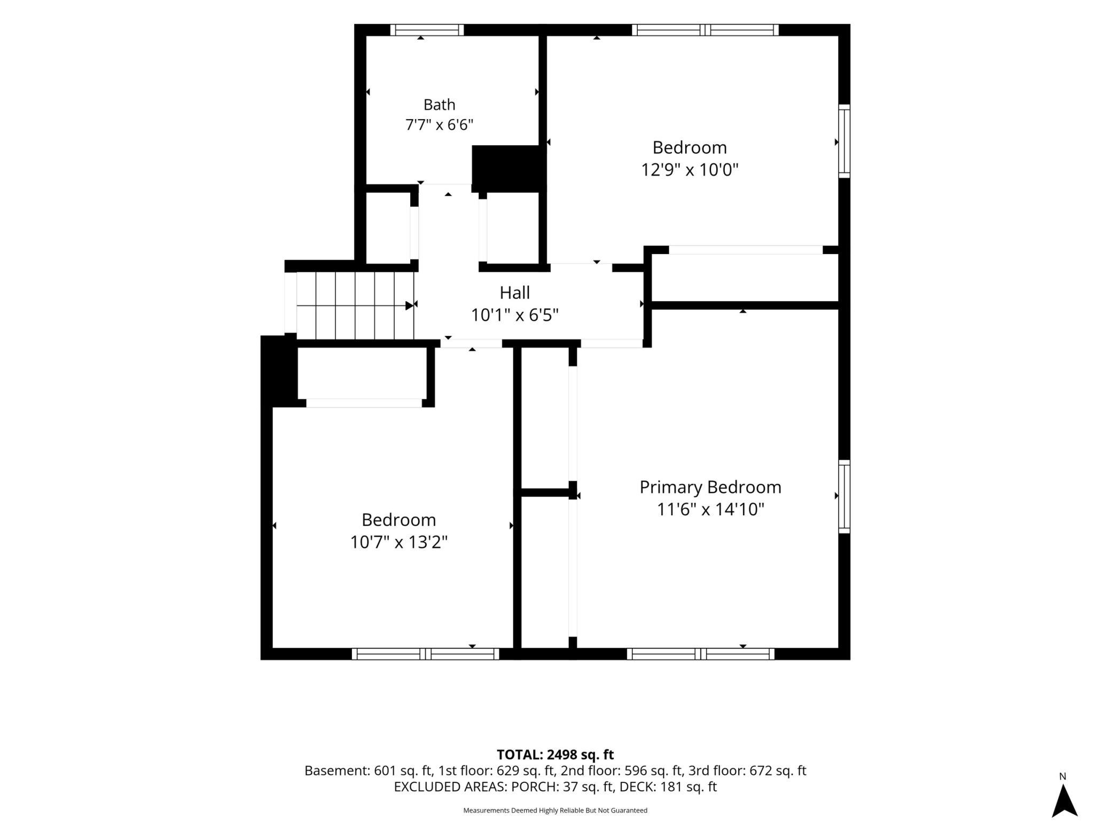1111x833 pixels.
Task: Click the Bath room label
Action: pyautogui.click(x=439, y=105)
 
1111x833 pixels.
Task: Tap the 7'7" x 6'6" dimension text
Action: pyautogui.click(x=439, y=125)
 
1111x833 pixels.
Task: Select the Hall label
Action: pyautogui.click(x=514, y=293)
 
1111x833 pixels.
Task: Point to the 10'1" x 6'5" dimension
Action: pyautogui.click(x=514, y=315)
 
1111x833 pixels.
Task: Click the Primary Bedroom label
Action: pyautogui.click(x=710, y=487)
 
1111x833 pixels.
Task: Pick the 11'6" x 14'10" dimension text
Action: pyautogui.click(x=710, y=509)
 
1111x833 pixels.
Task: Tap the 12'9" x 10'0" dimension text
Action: pyautogui.click(x=690, y=170)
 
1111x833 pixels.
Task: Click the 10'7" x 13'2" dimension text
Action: pyautogui.click(x=398, y=543)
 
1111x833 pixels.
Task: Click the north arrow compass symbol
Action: pyautogui.click(x=1065, y=799)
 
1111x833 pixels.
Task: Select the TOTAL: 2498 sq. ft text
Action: pyautogui.click(x=555, y=755)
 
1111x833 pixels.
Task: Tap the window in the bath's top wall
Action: pyautogui.click(x=427, y=30)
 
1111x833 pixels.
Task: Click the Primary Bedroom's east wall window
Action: pyautogui.click(x=844, y=497)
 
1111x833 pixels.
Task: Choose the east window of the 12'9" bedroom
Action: pyautogui.click(x=844, y=141)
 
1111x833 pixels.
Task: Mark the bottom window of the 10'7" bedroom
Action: pyautogui.click(x=425, y=654)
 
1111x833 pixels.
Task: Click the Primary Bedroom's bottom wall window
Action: pyautogui.click(x=701, y=654)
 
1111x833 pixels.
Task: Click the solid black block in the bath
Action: pyautogui.click(x=508, y=169)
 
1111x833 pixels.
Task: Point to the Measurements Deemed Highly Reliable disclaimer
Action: pyautogui.click(x=555, y=810)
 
